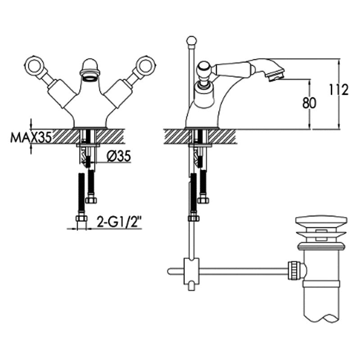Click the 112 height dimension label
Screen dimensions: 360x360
(x=338, y=90)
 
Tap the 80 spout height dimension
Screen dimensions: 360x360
(x=309, y=103)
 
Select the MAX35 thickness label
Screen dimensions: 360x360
(x=31, y=138)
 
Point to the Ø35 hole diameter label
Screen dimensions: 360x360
(x=119, y=156)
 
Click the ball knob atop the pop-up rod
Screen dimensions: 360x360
(x=192, y=41)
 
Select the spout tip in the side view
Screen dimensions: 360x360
(x=275, y=75)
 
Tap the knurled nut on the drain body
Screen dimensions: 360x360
(x=294, y=271)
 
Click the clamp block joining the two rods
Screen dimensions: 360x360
(x=191, y=271)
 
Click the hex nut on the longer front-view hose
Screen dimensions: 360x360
(x=81, y=218)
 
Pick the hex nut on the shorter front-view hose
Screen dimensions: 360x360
(x=91, y=200)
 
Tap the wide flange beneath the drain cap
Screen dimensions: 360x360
(x=321, y=234)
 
